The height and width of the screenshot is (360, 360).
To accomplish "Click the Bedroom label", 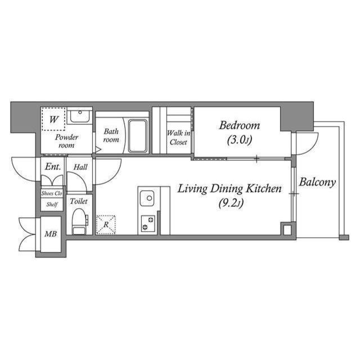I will pos(239,125).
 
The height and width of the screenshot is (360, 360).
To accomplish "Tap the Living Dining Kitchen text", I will pos(229,189).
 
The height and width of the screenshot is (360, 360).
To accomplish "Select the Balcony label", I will pos(317,182).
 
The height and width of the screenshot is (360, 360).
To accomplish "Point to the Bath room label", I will pos(111,136).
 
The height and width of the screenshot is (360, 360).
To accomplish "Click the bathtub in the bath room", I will pos(138,136).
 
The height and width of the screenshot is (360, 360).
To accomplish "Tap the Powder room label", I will pos(66,141).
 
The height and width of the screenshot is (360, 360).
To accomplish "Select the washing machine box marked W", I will pos(53,119).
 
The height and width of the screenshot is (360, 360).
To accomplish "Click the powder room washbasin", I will pos(80,118).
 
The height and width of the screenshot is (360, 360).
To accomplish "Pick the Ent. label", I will pos(53,166).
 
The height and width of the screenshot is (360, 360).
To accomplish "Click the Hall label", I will pos(80,166).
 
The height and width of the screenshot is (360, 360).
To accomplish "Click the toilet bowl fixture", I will pos(79,220).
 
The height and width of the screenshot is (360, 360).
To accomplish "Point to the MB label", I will pos(50,233).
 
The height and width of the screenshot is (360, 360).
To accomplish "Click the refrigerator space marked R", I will pos(106,224).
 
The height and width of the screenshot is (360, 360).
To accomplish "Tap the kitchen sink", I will pos(147,198).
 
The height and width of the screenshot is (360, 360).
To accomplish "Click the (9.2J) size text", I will pos(230,203).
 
